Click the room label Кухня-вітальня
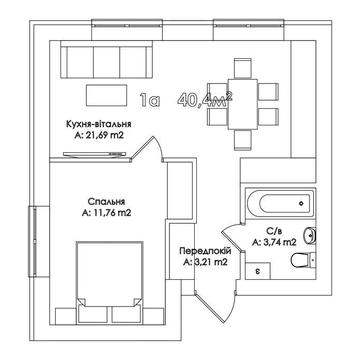click(99, 124)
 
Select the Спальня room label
click(106, 201)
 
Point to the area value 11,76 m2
click(106, 213)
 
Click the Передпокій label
click(205, 251)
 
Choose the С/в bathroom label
click(274, 231)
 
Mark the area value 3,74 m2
click(274, 242)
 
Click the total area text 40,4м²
click(205, 99)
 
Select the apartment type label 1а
click(150, 100)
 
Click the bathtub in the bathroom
click(280, 203)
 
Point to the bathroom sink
click(311, 236)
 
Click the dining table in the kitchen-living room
click(243, 105)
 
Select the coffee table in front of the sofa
click(107, 95)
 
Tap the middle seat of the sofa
click(106, 62)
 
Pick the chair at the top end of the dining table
click(243, 69)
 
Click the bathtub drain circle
click(301, 203)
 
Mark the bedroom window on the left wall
click(34, 241)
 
